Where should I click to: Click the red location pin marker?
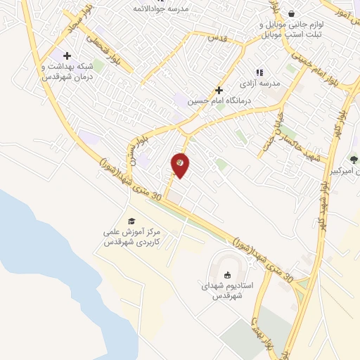(x=181, y=165)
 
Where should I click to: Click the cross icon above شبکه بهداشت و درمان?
(x=67, y=56)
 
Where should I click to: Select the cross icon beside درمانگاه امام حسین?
(x=219, y=90)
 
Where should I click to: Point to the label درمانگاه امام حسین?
(x=219, y=101)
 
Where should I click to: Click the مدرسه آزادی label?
(x=260, y=83)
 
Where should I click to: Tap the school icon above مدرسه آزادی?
(x=259, y=72)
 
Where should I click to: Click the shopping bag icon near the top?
(x=291, y=13)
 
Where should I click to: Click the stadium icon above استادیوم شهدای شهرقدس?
(x=226, y=275)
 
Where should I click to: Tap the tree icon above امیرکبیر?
(x=354, y=160)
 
